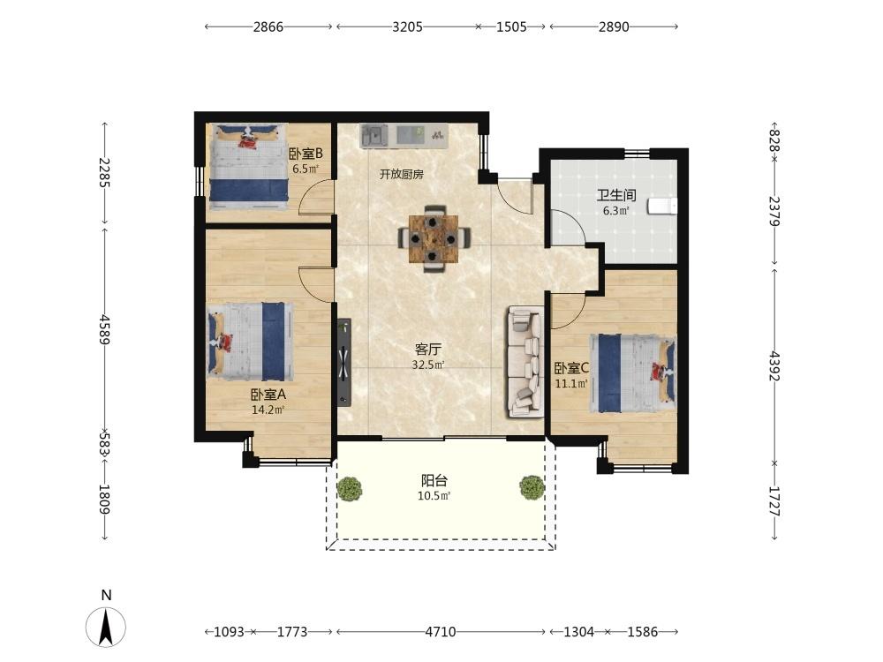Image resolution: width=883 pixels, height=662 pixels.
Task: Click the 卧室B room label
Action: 306,154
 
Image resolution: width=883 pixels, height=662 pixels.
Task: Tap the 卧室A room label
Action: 268,395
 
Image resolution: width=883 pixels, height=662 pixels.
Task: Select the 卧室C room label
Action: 571,369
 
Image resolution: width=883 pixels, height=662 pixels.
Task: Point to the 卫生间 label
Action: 616,195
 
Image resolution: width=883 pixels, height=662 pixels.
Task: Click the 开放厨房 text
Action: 402,175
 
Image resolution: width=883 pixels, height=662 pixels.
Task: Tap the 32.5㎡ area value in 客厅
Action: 428,365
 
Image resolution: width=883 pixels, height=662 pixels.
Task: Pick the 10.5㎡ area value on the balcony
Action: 434,496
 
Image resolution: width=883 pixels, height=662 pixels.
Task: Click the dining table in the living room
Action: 433,238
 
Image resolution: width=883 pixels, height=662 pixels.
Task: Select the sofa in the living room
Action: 526,361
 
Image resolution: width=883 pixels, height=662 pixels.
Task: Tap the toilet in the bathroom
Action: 662,206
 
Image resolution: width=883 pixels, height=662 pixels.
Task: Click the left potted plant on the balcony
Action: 350,488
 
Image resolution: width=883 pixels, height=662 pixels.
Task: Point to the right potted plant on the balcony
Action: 532,487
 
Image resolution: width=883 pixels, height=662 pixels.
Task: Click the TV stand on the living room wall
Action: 344,363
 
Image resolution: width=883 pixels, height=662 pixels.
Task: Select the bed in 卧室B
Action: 249,162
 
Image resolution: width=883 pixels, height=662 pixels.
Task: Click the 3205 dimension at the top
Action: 407,27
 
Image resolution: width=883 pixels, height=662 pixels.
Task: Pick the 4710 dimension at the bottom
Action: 441,632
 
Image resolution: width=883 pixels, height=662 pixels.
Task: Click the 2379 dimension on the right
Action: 775,211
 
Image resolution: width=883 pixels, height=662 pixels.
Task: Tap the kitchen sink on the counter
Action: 373,136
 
